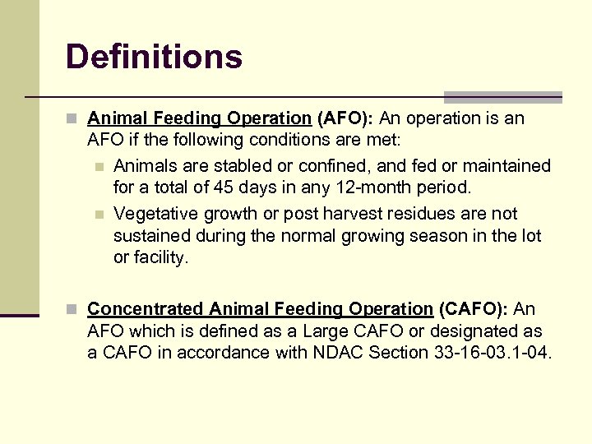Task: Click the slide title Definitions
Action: [x=154, y=57]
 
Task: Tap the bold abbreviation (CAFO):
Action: [x=474, y=309]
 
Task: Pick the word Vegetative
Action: [x=151, y=214]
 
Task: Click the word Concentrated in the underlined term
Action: [x=146, y=309]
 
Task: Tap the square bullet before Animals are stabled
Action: [x=99, y=167]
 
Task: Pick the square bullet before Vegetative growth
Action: [x=99, y=215]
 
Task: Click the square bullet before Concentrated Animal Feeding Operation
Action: [x=72, y=310]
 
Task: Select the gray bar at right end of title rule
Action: [x=502, y=97]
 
